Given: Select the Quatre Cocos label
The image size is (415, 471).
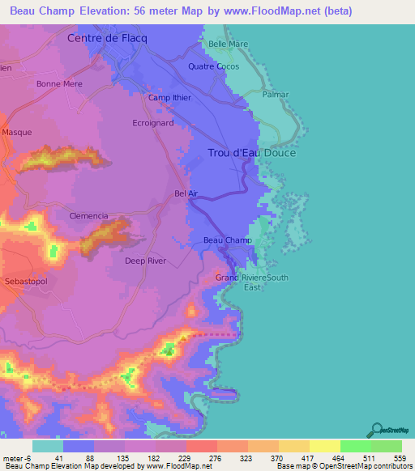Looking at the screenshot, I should [213, 66].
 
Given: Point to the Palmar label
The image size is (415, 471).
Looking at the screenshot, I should [276, 94].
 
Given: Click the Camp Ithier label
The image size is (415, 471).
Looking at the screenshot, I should [169, 98].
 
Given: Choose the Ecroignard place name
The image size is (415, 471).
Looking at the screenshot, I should [153, 124].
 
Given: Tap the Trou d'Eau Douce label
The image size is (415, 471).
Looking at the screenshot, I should [251, 153].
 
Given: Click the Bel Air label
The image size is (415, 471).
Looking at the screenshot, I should [186, 193].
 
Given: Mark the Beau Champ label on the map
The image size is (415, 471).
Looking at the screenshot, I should [227, 240].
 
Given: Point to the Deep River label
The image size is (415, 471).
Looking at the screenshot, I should [145, 261].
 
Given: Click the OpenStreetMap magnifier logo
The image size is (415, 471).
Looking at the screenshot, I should [377, 429].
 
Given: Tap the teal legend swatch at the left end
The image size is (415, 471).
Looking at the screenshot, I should [47, 446].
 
